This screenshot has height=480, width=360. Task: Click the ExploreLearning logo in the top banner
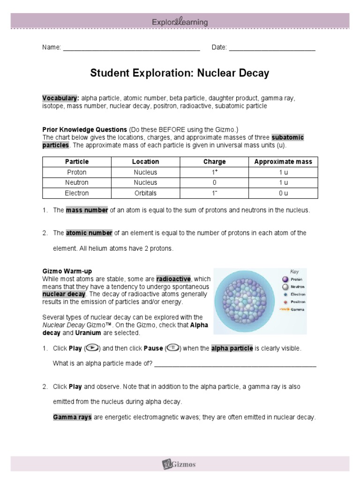point(180,22)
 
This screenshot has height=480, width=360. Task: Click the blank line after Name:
point(131,48)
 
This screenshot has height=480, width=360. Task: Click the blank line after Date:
point(272,48)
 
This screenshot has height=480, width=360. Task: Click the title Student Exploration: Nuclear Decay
point(180,74)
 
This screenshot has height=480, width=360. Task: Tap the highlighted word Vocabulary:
point(60,98)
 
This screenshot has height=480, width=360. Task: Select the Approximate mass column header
point(283,162)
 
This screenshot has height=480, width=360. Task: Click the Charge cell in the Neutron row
point(214,183)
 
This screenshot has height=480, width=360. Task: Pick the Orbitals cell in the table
point(145,193)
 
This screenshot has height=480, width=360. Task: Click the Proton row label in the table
point(77,172)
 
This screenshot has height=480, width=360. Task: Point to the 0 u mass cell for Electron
point(283,193)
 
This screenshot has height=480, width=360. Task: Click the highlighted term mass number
point(87,210)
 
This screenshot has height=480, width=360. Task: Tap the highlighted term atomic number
point(89,233)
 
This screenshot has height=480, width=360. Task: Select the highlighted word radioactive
point(174,279)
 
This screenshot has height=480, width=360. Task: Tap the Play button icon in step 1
point(93,348)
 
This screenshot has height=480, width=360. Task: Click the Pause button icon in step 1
point(172,348)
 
